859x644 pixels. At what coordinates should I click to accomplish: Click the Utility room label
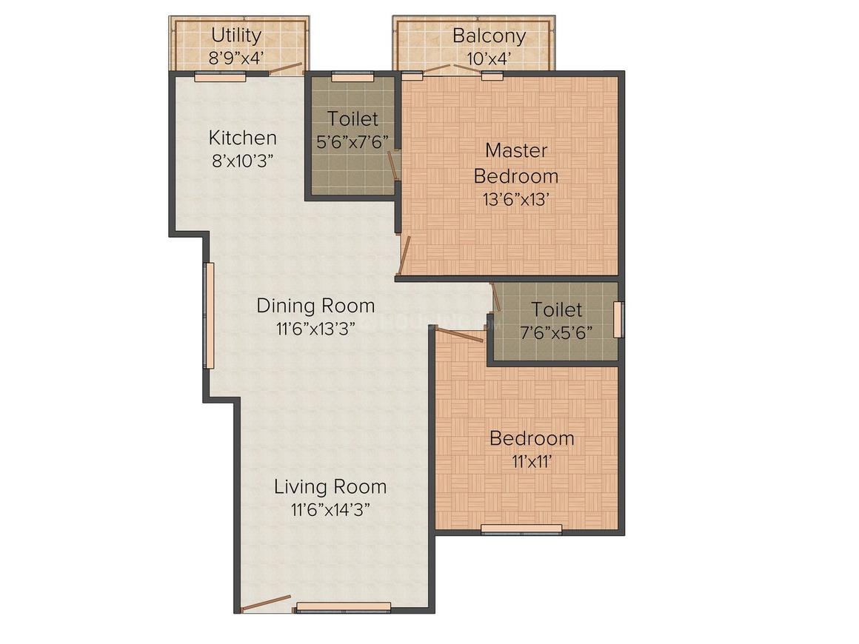(x=236, y=36)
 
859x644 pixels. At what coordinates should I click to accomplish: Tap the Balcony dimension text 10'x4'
(x=489, y=58)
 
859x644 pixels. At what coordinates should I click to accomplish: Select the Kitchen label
(x=242, y=138)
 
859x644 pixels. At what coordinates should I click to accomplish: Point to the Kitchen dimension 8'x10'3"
(x=242, y=161)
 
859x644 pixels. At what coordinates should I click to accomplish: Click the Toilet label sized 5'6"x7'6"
(x=352, y=119)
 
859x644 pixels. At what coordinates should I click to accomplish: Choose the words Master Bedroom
(x=516, y=163)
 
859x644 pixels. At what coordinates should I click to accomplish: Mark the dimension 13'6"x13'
(x=515, y=199)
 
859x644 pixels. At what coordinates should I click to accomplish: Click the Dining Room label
(x=315, y=306)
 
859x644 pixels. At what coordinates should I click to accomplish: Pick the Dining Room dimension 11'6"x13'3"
(x=315, y=329)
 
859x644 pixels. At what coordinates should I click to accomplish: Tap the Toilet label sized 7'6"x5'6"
(x=556, y=310)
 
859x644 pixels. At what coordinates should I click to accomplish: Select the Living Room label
(x=330, y=486)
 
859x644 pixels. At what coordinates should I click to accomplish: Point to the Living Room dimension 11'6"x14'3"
(x=330, y=510)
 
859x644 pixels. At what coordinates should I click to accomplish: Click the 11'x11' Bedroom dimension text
(x=532, y=462)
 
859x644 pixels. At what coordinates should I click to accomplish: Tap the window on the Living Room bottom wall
(x=344, y=607)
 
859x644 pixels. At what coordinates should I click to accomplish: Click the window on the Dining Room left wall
(x=209, y=315)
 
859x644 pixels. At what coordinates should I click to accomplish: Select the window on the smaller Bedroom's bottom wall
(x=521, y=529)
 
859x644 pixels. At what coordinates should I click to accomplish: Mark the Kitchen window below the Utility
(x=220, y=77)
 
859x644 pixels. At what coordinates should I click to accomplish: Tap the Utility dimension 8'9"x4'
(x=236, y=58)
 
